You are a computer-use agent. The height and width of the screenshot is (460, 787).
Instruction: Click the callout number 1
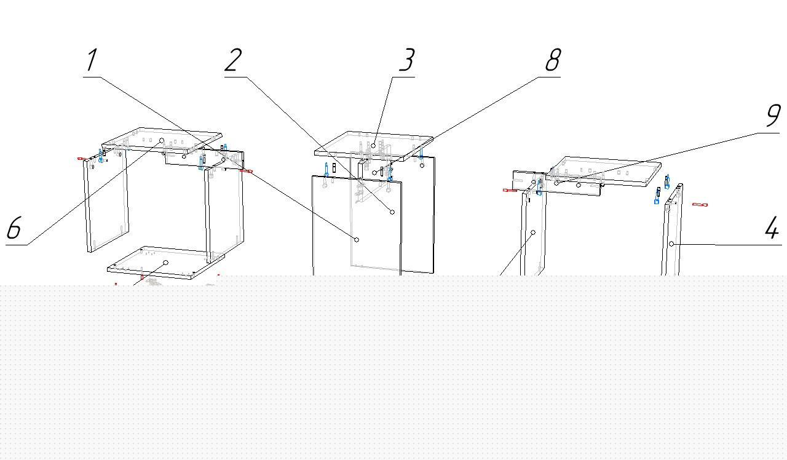tap(92, 61)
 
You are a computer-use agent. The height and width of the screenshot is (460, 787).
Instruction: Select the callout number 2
tap(233, 61)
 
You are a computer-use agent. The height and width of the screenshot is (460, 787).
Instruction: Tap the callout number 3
tap(406, 61)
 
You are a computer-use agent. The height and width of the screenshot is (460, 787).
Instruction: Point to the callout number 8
tap(553, 61)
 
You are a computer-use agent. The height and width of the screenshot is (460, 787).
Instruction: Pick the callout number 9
tap(773, 116)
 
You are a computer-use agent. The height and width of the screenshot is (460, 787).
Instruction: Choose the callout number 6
tap(14, 229)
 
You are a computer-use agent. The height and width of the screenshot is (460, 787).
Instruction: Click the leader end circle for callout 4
tap(672, 244)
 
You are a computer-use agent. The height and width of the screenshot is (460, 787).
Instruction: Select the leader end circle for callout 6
tap(162, 141)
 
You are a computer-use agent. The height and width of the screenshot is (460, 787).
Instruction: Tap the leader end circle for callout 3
tap(373, 146)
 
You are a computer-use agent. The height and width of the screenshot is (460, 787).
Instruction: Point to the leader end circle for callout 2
tap(392, 212)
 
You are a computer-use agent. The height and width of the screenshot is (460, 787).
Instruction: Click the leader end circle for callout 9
tap(557, 183)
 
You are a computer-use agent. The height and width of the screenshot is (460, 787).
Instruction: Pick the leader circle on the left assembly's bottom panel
tap(165, 263)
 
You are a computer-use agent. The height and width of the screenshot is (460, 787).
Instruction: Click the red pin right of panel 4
tap(700, 204)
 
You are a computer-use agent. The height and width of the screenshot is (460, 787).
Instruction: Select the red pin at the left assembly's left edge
tap(81, 159)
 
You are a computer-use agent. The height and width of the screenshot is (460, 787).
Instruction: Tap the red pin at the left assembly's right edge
tap(247, 171)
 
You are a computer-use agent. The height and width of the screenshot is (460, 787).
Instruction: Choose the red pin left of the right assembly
tap(510, 191)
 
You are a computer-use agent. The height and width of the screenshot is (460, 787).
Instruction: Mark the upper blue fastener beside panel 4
tap(667, 181)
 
